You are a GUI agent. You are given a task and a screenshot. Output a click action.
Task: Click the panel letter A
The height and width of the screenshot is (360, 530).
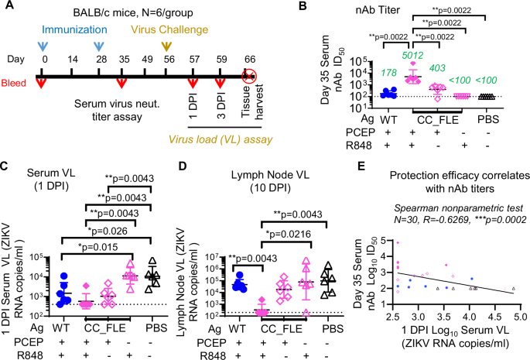tap(9, 7)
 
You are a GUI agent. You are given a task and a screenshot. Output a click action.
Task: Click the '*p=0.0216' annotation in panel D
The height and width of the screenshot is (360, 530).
tap(299, 231)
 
